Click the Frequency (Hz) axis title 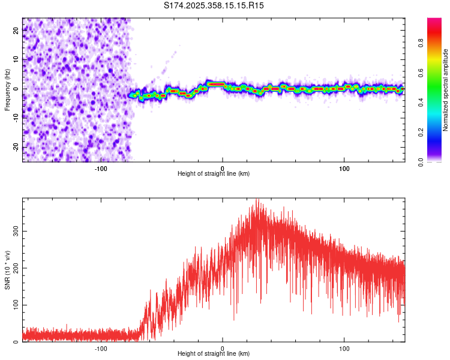click(x=7, y=89)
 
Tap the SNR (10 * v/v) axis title click(x=7, y=271)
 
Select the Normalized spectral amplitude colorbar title click(x=446, y=90)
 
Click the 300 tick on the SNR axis click(x=16, y=230)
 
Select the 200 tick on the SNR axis click(x=16, y=268)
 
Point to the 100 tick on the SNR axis click(x=16, y=305)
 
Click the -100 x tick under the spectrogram click(x=101, y=168)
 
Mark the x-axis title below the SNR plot click(x=214, y=354)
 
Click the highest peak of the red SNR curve click(x=257, y=200)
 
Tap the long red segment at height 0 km click(x=215, y=84)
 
